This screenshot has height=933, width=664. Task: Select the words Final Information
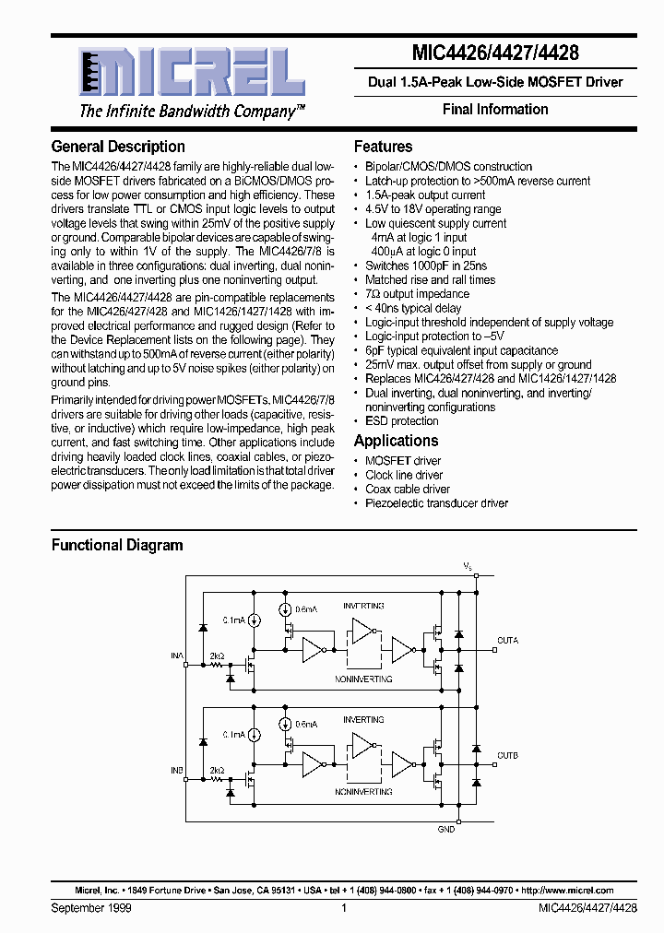click(x=495, y=109)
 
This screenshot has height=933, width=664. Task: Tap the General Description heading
click(x=118, y=147)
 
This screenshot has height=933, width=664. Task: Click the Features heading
click(x=383, y=147)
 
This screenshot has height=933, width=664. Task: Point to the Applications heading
click(x=396, y=441)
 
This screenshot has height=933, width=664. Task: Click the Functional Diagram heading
click(x=117, y=545)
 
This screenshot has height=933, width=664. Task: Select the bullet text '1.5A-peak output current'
click(x=425, y=195)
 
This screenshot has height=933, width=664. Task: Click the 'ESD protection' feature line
click(x=402, y=420)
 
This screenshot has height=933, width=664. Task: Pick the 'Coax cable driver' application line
click(x=408, y=489)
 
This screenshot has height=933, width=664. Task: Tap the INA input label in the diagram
click(x=176, y=655)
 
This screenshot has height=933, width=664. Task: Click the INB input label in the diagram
click(x=176, y=770)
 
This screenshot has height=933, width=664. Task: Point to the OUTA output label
click(x=507, y=640)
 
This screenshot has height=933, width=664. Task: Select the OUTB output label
click(x=507, y=755)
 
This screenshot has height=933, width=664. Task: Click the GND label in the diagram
click(x=446, y=829)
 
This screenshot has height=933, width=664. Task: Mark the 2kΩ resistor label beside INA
click(x=217, y=655)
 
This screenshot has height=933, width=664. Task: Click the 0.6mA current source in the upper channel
click(x=286, y=609)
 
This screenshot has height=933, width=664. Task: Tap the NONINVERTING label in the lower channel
click(x=363, y=792)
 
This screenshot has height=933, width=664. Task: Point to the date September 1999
click(x=91, y=908)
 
